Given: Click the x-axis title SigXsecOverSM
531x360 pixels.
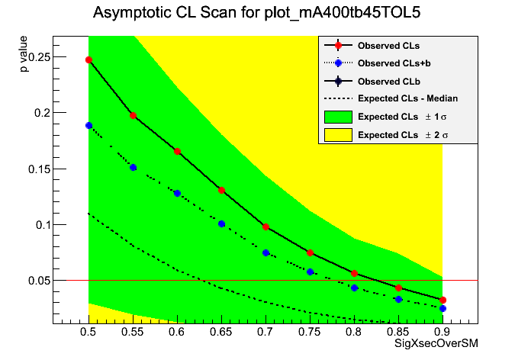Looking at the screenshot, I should (436, 344).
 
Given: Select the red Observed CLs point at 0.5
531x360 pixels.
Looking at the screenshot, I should (88, 59).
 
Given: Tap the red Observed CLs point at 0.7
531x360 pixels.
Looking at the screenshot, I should (265, 227).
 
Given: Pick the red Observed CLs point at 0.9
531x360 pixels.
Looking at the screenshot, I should (443, 300).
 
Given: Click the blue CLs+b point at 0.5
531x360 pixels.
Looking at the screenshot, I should (88, 125).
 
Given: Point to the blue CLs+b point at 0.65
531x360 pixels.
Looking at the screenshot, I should (221, 223).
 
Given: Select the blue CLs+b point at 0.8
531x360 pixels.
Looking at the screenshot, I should (354, 288).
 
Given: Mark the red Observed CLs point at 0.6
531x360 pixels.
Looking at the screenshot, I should (177, 151).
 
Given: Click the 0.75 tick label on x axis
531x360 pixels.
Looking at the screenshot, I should (310, 333).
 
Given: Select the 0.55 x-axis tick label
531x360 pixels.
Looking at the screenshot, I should (133, 333).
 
